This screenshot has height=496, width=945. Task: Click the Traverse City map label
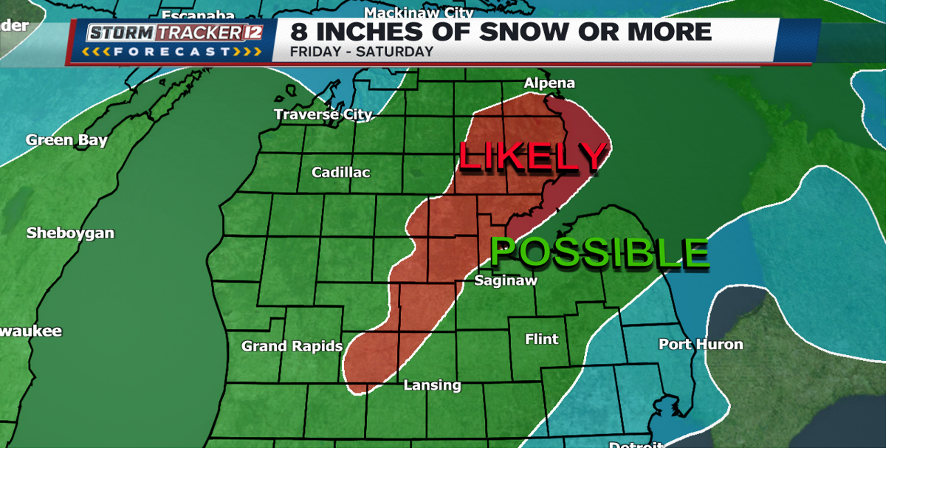[x=323, y=114]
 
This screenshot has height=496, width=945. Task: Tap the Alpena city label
[x=549, y=83]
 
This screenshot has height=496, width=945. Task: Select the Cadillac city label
[x=340, y=172]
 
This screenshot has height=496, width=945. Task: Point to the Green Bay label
[x=66, y=140]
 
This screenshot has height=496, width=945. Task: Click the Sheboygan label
[x=70, y=233]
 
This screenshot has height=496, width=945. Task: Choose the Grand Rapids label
[x=292, y=346]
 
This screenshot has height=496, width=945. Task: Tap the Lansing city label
[x=432, y=385]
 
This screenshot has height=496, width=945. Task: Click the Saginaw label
[x=505, y=280]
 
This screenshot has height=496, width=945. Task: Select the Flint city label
[x=541, y=339]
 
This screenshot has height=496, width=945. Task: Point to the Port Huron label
[x=700, y=344]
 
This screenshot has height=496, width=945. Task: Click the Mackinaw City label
[x=419, y=13]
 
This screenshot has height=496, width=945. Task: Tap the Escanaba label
[x=198, y=15]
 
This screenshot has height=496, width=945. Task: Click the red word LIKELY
[x=532, y=156]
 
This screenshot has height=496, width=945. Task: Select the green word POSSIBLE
[x=599, y=252]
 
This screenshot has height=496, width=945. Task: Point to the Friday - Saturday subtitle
[x=361, y=52]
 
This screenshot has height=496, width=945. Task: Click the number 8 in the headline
[x=298, y=32]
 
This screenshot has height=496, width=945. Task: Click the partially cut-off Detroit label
[x=636, y=445]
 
